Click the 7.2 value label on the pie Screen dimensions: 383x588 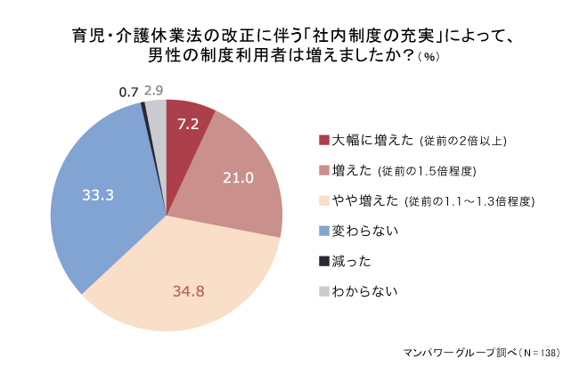[x=188, y=124]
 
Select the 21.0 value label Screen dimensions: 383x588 [x=238, y=178]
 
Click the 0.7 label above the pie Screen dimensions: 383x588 [x=128, y=92]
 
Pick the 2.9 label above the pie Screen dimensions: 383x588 [x=153, y=90]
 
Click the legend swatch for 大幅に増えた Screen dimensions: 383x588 [x=324, y=140]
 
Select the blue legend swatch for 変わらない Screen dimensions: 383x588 [x=324, y=231]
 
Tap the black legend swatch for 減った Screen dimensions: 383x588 [x=324, y=261]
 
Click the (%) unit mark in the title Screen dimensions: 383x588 [x=428, y=57]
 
